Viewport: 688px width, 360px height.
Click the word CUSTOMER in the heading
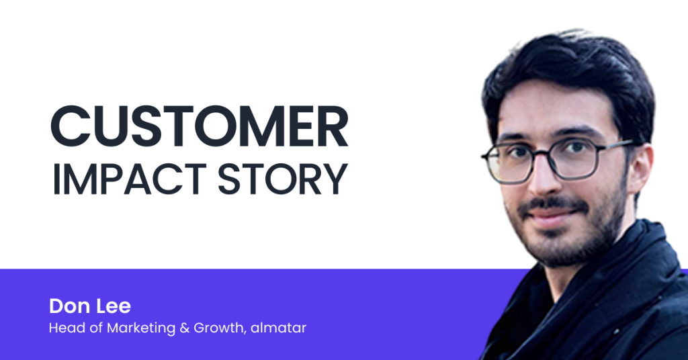click(x=200, y=126)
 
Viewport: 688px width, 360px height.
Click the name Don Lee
click(x=90, y=306)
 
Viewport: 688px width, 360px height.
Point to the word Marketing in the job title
click(x=141, y=328)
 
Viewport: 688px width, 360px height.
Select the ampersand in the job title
click(x=184, y=328)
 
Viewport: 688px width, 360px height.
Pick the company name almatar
click(x=279, y=328)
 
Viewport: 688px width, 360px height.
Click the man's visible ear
click(x=640, y=169)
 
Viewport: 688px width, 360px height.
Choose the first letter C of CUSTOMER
click(x=70, y=126)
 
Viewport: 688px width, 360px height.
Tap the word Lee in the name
click(x=114, y=306)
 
